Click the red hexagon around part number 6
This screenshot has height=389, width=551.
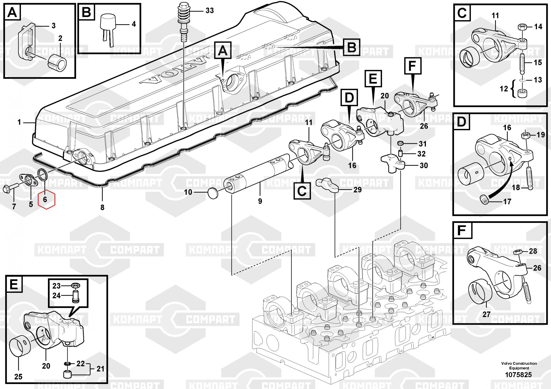click(47, 199)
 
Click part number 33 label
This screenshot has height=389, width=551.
click(210, 11)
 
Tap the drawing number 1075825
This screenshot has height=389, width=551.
click(518, 375)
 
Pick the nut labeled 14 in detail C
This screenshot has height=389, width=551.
click(522, 27)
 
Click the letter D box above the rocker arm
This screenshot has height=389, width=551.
click(349, 98)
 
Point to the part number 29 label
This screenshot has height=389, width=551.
click(357, 190)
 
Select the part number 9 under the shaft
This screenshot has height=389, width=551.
click(260, 201)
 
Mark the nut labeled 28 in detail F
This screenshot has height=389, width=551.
click(517, 252)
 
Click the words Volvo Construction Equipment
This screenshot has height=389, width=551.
click(519, 366)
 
